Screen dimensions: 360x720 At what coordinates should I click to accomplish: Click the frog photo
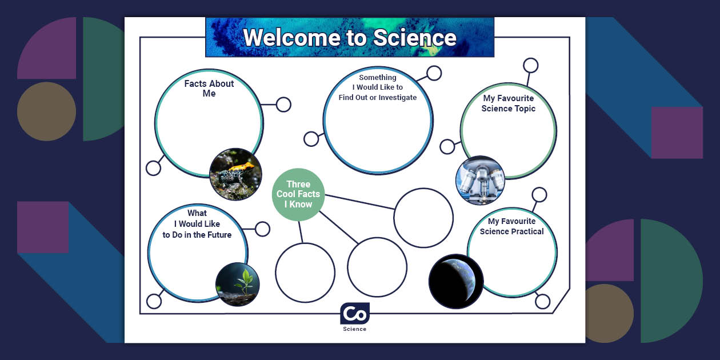(x=235, y=174)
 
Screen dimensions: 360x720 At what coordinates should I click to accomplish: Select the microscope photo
(x=480, y=180)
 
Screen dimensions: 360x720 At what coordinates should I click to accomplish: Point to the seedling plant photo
(x=237, y=284)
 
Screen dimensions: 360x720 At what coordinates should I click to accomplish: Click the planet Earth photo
(x=456, y=281)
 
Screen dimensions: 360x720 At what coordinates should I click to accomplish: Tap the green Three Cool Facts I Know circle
(x=298, y=194)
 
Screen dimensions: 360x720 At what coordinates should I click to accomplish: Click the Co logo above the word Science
(x=355, y=314)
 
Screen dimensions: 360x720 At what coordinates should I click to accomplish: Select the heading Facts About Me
(x=209, y=89)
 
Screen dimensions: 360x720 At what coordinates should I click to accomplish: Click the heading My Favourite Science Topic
(x=509, y=103)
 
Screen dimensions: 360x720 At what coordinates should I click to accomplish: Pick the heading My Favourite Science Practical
(x=512, y=226)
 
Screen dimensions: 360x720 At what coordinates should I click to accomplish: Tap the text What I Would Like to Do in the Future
(x=197, y=224)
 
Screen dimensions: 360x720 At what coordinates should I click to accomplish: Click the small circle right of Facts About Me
(x=283, y=105)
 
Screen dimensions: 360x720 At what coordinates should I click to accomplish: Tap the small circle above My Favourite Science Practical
(x=539, y=195)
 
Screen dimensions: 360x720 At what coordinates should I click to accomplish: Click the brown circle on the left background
(x=46, y=111)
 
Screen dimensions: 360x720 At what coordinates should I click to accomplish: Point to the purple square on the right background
(x=677, y=133)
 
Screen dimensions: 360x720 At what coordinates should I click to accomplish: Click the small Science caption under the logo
(x=355, y=329)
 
